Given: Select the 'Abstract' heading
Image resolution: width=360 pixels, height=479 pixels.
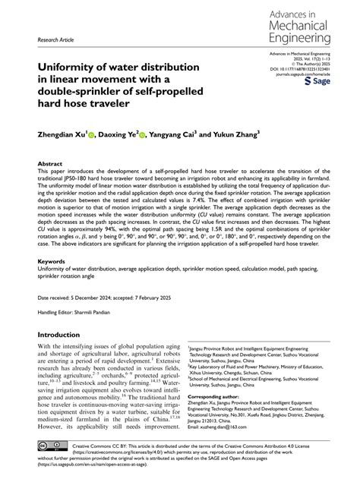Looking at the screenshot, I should tap(50, 163).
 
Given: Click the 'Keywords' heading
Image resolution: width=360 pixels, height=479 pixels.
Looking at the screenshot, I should tap(53, 260).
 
